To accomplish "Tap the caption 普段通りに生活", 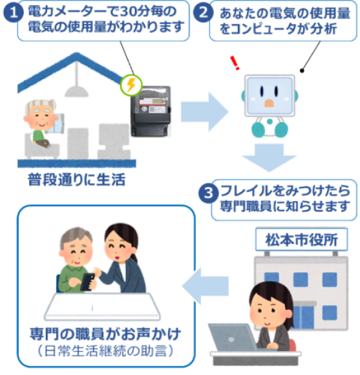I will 76,178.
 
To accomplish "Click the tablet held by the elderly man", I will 89,281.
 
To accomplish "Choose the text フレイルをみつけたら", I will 286,192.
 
